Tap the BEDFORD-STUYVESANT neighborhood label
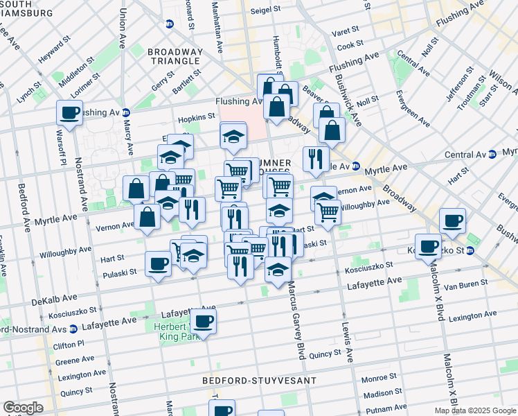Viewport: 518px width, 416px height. click(x=259, y=381)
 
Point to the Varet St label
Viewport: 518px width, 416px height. click(x=346, y=30)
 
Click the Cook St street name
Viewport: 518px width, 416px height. click(x=350, y=45)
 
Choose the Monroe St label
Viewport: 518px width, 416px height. click(x=378, y=379)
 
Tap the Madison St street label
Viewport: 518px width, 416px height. click(x=381, y=394)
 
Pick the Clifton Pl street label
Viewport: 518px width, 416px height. click(x=70, y=343)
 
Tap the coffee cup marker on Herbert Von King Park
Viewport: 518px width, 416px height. click(x=203, y=320)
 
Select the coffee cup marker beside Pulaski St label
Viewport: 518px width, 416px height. click(x=159, y=263)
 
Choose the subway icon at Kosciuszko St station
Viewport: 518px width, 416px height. click(x=472, y=250)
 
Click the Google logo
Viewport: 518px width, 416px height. click(x=23, y=408)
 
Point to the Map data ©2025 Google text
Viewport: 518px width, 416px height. click(x=474, y=410)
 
